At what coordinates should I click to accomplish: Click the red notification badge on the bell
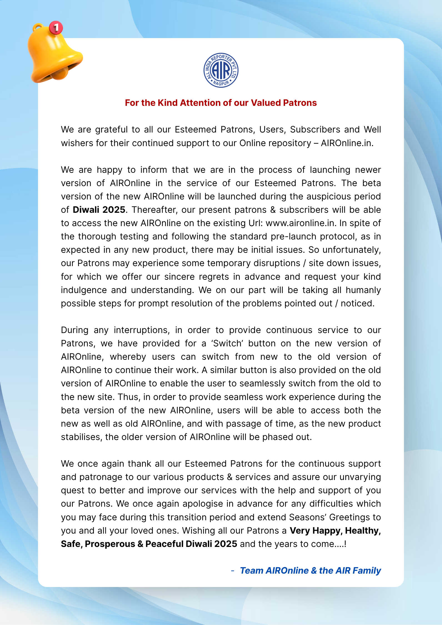click(x=56, y=27)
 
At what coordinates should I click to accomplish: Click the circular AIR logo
click(x=221, y=70)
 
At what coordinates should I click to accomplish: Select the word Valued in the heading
click(x=266, y=103)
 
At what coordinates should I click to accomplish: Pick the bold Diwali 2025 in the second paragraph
click(x=99, y=210)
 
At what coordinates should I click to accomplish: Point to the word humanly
click(x=363, y=290)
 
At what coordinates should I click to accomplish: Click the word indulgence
click(x=84, y=290)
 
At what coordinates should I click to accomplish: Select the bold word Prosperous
click(x=110, y=544)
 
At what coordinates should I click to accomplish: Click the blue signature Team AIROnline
click(x=274, y=571)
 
